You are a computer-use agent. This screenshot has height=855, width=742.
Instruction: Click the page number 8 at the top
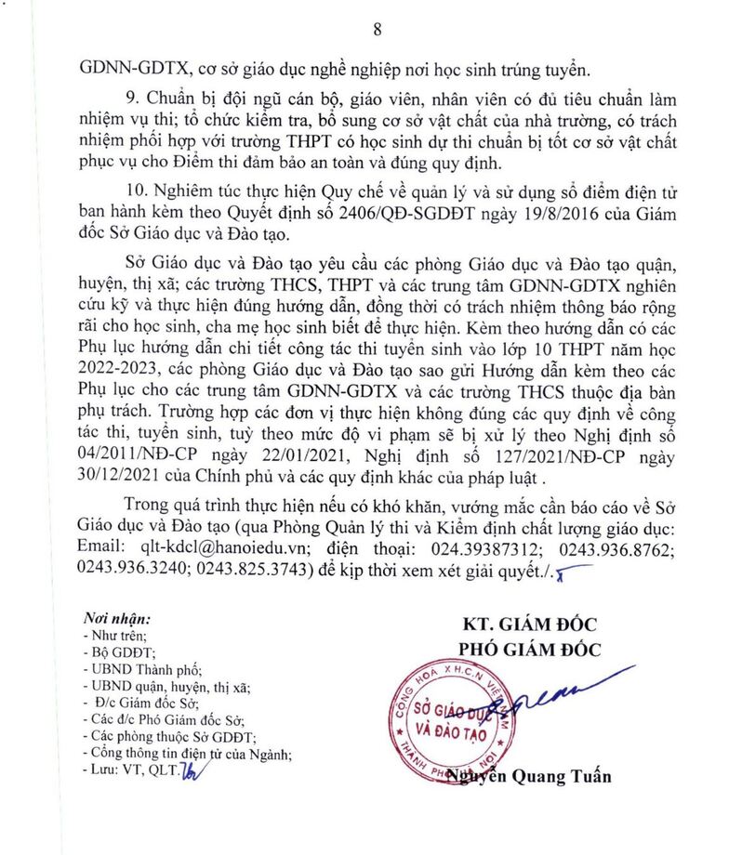pos(378,29)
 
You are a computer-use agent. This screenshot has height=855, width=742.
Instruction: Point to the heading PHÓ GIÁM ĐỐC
pos(529,649)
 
